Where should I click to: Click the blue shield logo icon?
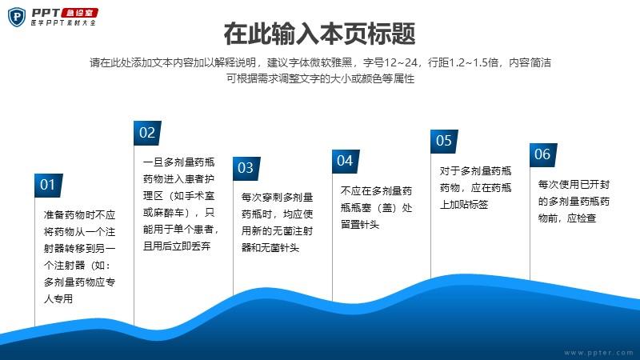(x=17, y=17)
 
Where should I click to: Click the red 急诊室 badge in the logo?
(x=79, y=13)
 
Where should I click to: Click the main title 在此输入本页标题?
(x=319, y=34)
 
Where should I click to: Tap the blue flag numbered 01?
(x=48, y=186)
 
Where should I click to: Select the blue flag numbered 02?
(x=147, y=133)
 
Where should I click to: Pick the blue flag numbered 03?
(x=246, y=168)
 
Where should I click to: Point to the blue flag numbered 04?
(x=346, y=162)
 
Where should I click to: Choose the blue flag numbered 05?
(x=444, y=142)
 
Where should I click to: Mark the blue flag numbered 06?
(x=543, y=155)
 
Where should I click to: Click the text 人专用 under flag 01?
(x=58, y=298)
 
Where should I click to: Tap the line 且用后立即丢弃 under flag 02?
(x=177, y=246)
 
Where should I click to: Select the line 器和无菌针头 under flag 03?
(x=270, y=248)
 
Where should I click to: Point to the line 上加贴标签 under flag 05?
(x=464, y=205)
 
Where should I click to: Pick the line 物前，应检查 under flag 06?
(x=567, y=218)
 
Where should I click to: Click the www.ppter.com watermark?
(x=598, y=353)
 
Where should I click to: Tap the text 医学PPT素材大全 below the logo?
(x=63, y=23)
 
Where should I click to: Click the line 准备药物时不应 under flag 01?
(x=79, y=215)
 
